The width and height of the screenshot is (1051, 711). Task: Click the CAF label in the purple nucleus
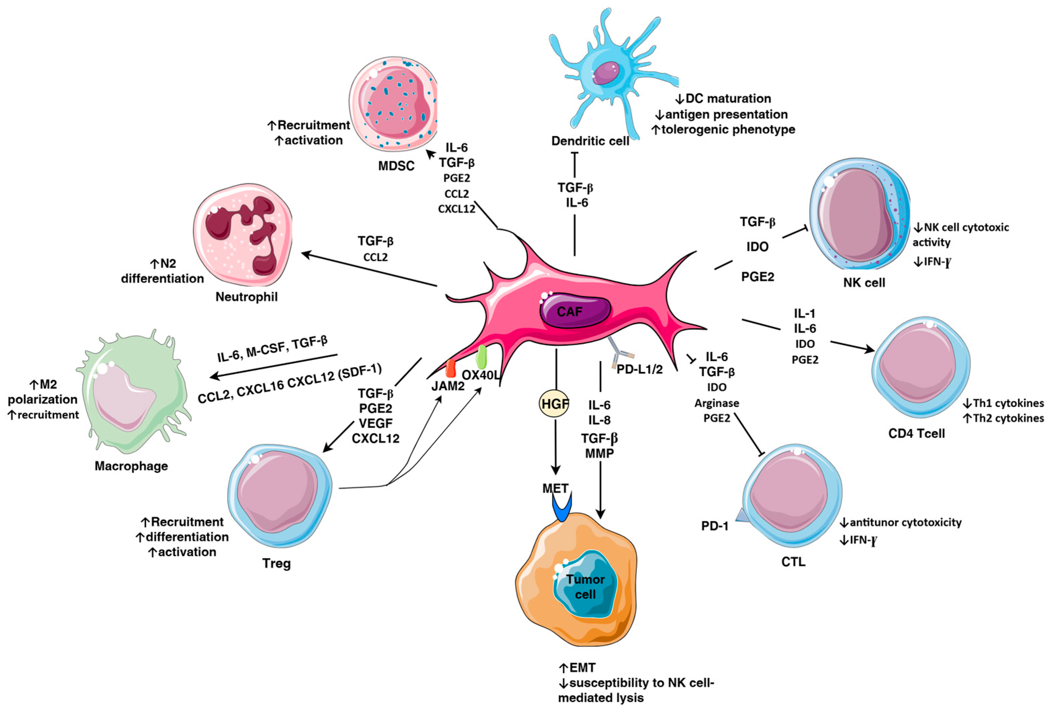pos(569,312)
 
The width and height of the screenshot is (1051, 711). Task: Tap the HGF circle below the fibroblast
pos(554,404)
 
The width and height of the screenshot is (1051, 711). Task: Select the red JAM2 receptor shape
pos(450,369)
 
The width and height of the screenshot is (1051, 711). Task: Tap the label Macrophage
pos(131,466)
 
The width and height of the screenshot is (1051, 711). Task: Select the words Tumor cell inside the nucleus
pos(585,586)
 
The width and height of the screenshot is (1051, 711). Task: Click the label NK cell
pos(864,283)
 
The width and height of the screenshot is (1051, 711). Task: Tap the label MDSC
pos(396,166)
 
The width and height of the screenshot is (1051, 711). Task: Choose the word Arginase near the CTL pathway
pos(717,403)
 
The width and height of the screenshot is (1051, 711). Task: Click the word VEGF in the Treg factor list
pos(376,423)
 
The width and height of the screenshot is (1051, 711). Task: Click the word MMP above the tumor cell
pos(599,453)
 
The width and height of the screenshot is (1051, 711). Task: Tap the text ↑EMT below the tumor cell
pos(577,668)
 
